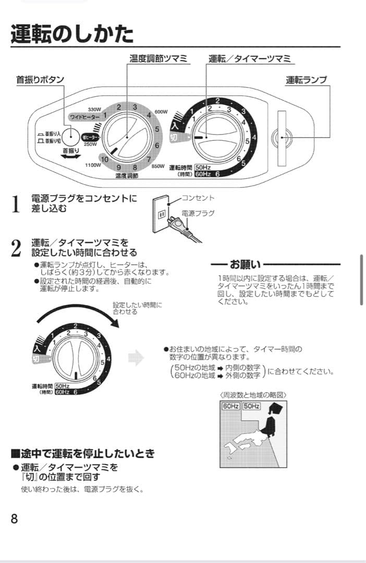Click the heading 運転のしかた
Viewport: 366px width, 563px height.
coord(72,34)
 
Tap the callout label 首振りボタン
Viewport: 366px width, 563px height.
coord(40,80)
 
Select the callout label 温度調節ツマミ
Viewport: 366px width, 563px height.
coord(159,58)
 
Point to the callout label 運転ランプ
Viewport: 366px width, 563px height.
coord(306,80)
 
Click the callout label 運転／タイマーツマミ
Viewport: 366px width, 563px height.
coord(250,58)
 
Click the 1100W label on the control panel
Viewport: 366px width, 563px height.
coord(93,165)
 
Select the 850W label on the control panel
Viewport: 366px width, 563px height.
coord(158,166)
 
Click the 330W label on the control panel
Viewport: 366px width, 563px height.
coord(94,109)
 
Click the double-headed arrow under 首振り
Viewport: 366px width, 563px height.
coord(70,156)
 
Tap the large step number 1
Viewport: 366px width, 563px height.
coord(16,204)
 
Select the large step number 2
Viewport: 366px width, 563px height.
coord(16,248)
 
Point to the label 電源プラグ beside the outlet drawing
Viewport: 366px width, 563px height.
coord(198,213)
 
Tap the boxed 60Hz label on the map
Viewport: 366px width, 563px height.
coord(230,406)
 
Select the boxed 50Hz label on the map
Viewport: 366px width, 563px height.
coord(251,406)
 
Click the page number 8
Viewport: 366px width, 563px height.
coord(14,519)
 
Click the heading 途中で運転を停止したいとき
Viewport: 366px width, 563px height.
coord(82,454)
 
